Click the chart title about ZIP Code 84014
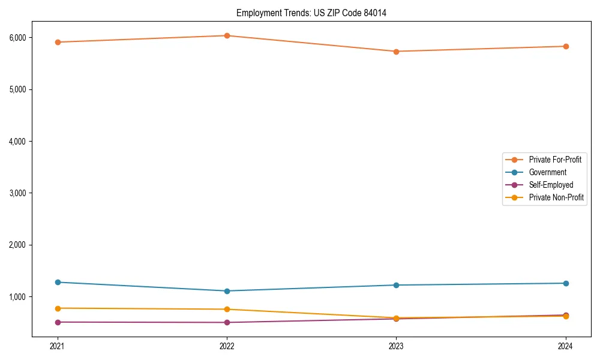tap(311, 13)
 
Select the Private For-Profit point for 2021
tap(58, 42)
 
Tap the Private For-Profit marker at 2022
tap(227, 35)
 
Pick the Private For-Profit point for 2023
tap(396, 52)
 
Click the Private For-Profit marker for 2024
tap(566, 46)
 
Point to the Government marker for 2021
tap(58, 282)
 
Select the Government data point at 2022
tap(227, 291)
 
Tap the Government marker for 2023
tap(396, 285)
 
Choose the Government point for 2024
tap(566, 283)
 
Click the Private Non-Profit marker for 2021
tap(58, 308)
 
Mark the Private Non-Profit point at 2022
tap(227, 310)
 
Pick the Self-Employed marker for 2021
tap(58, 322)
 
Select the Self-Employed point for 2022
tap(227, 323)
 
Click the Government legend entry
tap(547, 172)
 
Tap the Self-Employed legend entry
tap(551, 185)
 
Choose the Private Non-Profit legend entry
tap(556, 197)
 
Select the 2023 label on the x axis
tap(396, 346)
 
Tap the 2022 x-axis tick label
tap(227, 346)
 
